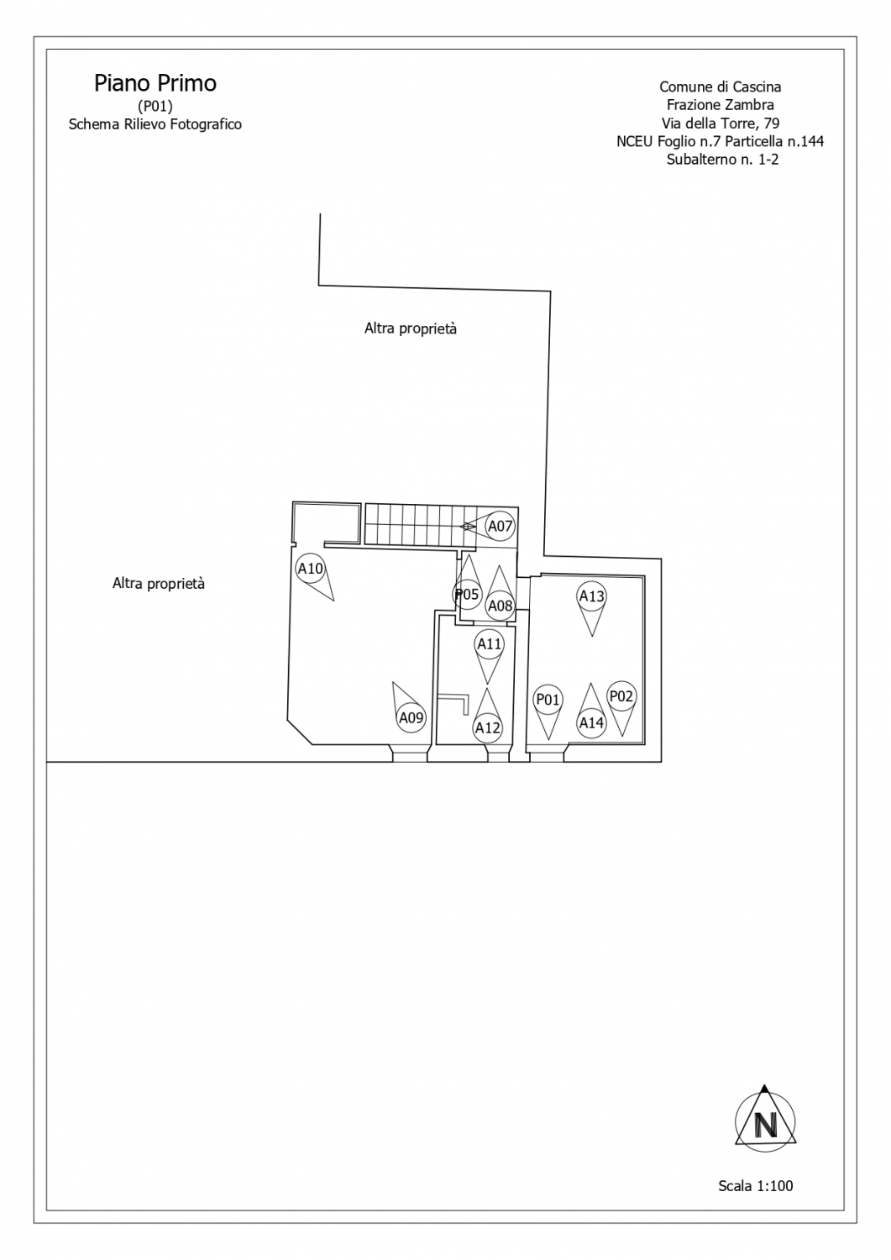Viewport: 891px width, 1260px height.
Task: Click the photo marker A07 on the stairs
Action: [500, 526]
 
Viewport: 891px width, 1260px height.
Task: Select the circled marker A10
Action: [310, 568]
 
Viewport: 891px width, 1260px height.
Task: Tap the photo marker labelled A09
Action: [411, 717]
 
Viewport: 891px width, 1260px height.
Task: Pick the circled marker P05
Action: [468, 594]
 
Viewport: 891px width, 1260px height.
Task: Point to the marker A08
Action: [500, 606]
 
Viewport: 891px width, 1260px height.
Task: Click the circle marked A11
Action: [489, 644]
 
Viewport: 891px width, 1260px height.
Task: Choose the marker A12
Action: [487, 728]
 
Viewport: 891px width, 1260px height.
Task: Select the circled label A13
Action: [591, 596]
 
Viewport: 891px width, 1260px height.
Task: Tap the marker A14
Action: [591, 722]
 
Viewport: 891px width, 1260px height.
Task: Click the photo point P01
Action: [548, 699]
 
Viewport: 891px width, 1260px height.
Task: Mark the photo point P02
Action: [621, 696]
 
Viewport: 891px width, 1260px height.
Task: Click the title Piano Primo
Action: [155, 83]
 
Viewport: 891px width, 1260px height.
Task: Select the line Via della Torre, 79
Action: [720, 123]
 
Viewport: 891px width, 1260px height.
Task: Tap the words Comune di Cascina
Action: [720, 87]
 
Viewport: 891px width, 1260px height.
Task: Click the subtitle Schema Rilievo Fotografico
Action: [155, 124]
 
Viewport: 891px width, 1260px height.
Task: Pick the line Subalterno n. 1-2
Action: [722, 160]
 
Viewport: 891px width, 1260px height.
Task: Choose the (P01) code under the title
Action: [155, 106]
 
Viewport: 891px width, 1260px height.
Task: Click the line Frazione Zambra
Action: [720, 105]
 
